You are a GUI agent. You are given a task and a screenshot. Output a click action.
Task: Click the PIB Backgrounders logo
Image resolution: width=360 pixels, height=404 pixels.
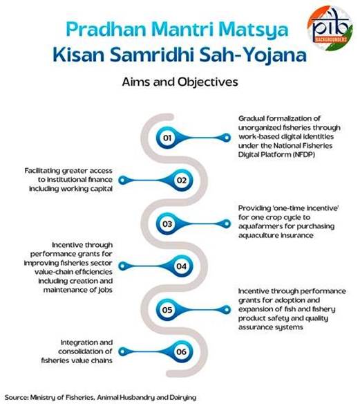tap(330, 28)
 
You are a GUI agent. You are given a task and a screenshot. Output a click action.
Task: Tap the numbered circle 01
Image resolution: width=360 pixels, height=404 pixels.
tap(167, 138)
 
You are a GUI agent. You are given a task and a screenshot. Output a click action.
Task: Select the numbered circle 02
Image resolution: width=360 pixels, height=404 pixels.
tap(182, 180)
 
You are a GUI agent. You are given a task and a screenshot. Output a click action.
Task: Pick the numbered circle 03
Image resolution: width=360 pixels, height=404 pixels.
tap(167, 223)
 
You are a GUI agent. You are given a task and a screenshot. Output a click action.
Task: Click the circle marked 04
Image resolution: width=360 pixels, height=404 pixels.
tap(182, 266)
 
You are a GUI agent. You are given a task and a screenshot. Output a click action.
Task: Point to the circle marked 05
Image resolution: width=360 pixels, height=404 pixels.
tap(167, 309)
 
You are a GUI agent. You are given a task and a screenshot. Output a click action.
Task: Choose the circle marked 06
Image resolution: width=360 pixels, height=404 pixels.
tap(182, 351)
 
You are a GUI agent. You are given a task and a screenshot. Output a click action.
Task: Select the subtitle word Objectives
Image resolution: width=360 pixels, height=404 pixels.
tap(207, 82)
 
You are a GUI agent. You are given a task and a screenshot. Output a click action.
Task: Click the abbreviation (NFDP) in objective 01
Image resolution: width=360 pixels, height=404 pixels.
tap(303, 154)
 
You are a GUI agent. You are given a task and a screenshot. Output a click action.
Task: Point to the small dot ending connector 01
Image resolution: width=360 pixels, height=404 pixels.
tap(227, 138)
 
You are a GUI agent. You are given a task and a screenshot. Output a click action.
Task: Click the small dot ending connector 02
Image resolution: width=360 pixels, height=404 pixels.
tap(123, 180)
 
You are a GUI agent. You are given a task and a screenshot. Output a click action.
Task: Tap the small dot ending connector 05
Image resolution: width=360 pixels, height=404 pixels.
tap(227, 309)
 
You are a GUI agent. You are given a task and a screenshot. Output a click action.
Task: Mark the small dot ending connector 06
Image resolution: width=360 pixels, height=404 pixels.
tap(123, 351)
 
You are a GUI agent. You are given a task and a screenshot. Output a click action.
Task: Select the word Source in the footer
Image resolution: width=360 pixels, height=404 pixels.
tap(16, 397)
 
